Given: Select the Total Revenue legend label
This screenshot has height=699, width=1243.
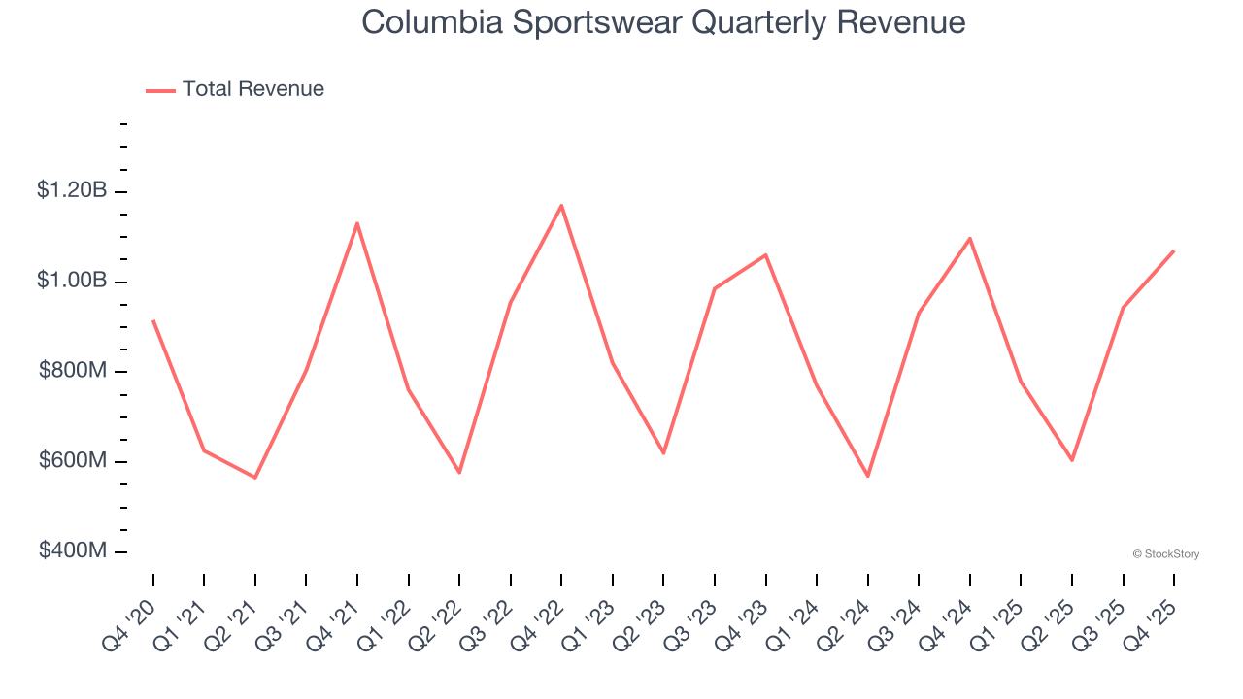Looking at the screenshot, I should pos(253,89).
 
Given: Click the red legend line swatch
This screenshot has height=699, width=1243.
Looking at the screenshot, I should pos(160,90).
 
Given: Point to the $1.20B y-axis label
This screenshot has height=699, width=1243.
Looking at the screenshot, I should pos(72,190).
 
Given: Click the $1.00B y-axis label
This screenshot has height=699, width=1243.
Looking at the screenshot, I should pos(72,281).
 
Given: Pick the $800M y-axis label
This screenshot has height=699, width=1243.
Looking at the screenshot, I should pos(72,371).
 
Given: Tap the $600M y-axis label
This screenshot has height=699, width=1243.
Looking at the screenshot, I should pos(72,460).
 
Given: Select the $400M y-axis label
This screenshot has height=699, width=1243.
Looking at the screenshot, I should pos(72,550).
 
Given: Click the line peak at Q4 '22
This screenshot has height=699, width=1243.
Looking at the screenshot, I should pos(561,206).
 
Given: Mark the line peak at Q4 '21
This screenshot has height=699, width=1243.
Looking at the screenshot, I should pos(357,223).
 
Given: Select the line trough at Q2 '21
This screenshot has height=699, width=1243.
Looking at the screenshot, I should pos(255,478).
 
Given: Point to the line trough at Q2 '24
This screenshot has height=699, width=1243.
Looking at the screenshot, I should pos(868,476).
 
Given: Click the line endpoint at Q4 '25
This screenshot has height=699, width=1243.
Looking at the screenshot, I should pos(1174,250).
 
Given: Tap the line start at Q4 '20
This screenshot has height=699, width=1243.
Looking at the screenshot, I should pos(153,320).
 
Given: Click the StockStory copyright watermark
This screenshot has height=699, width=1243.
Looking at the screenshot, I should pos(1165,554).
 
